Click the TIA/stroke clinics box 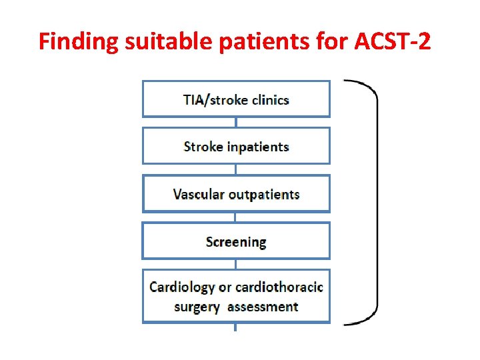236,99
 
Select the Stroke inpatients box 236,146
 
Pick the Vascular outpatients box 236,194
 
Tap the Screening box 236,241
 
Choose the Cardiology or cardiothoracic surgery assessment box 236,297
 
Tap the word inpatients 257,147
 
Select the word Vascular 199,195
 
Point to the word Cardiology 182,287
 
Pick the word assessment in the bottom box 262,307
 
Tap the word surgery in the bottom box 197,307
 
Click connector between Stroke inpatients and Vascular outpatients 235,169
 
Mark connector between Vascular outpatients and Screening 235,217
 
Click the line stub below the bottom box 235,327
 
